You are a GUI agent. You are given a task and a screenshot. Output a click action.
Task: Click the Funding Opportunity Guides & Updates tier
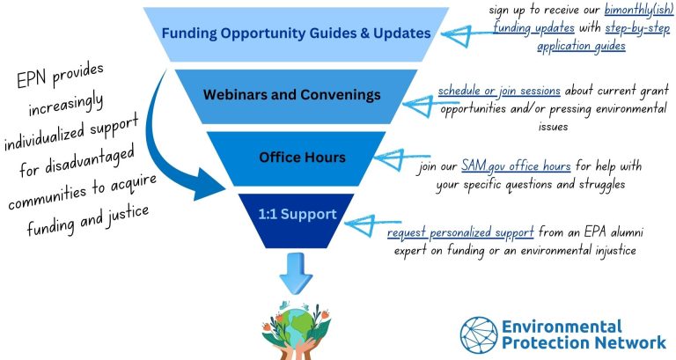pos(296,33)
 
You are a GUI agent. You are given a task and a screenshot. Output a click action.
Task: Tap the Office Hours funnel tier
pos(296,158)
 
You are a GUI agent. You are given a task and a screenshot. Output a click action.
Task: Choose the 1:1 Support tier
pos(296,221)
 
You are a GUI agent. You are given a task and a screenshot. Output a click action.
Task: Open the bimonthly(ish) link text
pos(639,11)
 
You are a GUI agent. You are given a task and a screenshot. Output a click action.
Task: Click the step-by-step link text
pos(637,28)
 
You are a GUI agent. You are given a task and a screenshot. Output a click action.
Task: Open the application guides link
pos(581,46)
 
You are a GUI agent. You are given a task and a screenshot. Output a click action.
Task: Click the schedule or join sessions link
pos(499,92)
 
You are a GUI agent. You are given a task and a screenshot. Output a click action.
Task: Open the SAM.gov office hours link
pos(516,166)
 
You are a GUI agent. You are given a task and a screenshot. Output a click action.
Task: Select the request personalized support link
pos(460,233)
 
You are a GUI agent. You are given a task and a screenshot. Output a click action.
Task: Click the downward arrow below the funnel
pos(296,274)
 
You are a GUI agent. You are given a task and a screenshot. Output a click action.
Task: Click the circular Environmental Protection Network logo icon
pos(479,335)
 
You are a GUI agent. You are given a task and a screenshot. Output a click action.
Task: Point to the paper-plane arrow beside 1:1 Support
pos(366,224)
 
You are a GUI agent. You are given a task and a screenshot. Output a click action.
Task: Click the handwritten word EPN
pos(33,79)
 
